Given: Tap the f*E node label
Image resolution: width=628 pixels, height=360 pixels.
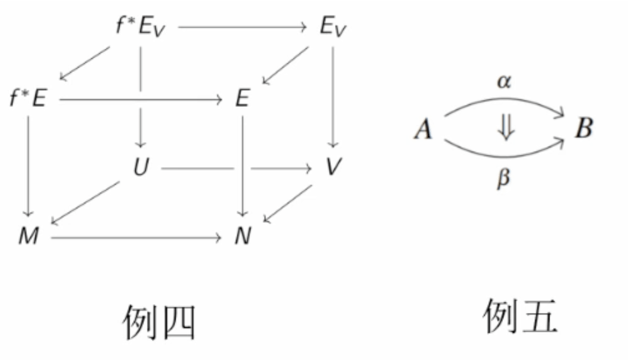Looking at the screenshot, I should pos(28,99).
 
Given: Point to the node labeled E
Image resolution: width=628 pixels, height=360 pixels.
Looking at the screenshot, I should pos(242,99).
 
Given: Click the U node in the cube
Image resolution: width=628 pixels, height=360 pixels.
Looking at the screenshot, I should pos(141,168).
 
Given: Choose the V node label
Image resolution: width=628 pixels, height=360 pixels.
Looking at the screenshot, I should pos(333,168).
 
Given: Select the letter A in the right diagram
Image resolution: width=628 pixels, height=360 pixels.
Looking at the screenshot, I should pos(424,131).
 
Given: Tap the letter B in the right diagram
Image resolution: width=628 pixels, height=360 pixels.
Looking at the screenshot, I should pos(583,129).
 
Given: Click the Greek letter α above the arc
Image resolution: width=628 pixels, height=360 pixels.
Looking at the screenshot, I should pos(503,83).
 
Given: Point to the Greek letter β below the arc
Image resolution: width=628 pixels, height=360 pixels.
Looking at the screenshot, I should pos(503,179).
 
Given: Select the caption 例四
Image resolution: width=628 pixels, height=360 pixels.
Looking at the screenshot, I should pos(159,321).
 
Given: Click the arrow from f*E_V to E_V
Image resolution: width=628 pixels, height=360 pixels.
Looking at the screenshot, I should pos(243,27).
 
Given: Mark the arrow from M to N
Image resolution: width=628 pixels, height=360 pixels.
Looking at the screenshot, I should pos(136,238).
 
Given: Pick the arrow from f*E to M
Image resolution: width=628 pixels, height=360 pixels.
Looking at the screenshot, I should pos(28,166).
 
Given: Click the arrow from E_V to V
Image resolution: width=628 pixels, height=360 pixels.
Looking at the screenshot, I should pos(333,97).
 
